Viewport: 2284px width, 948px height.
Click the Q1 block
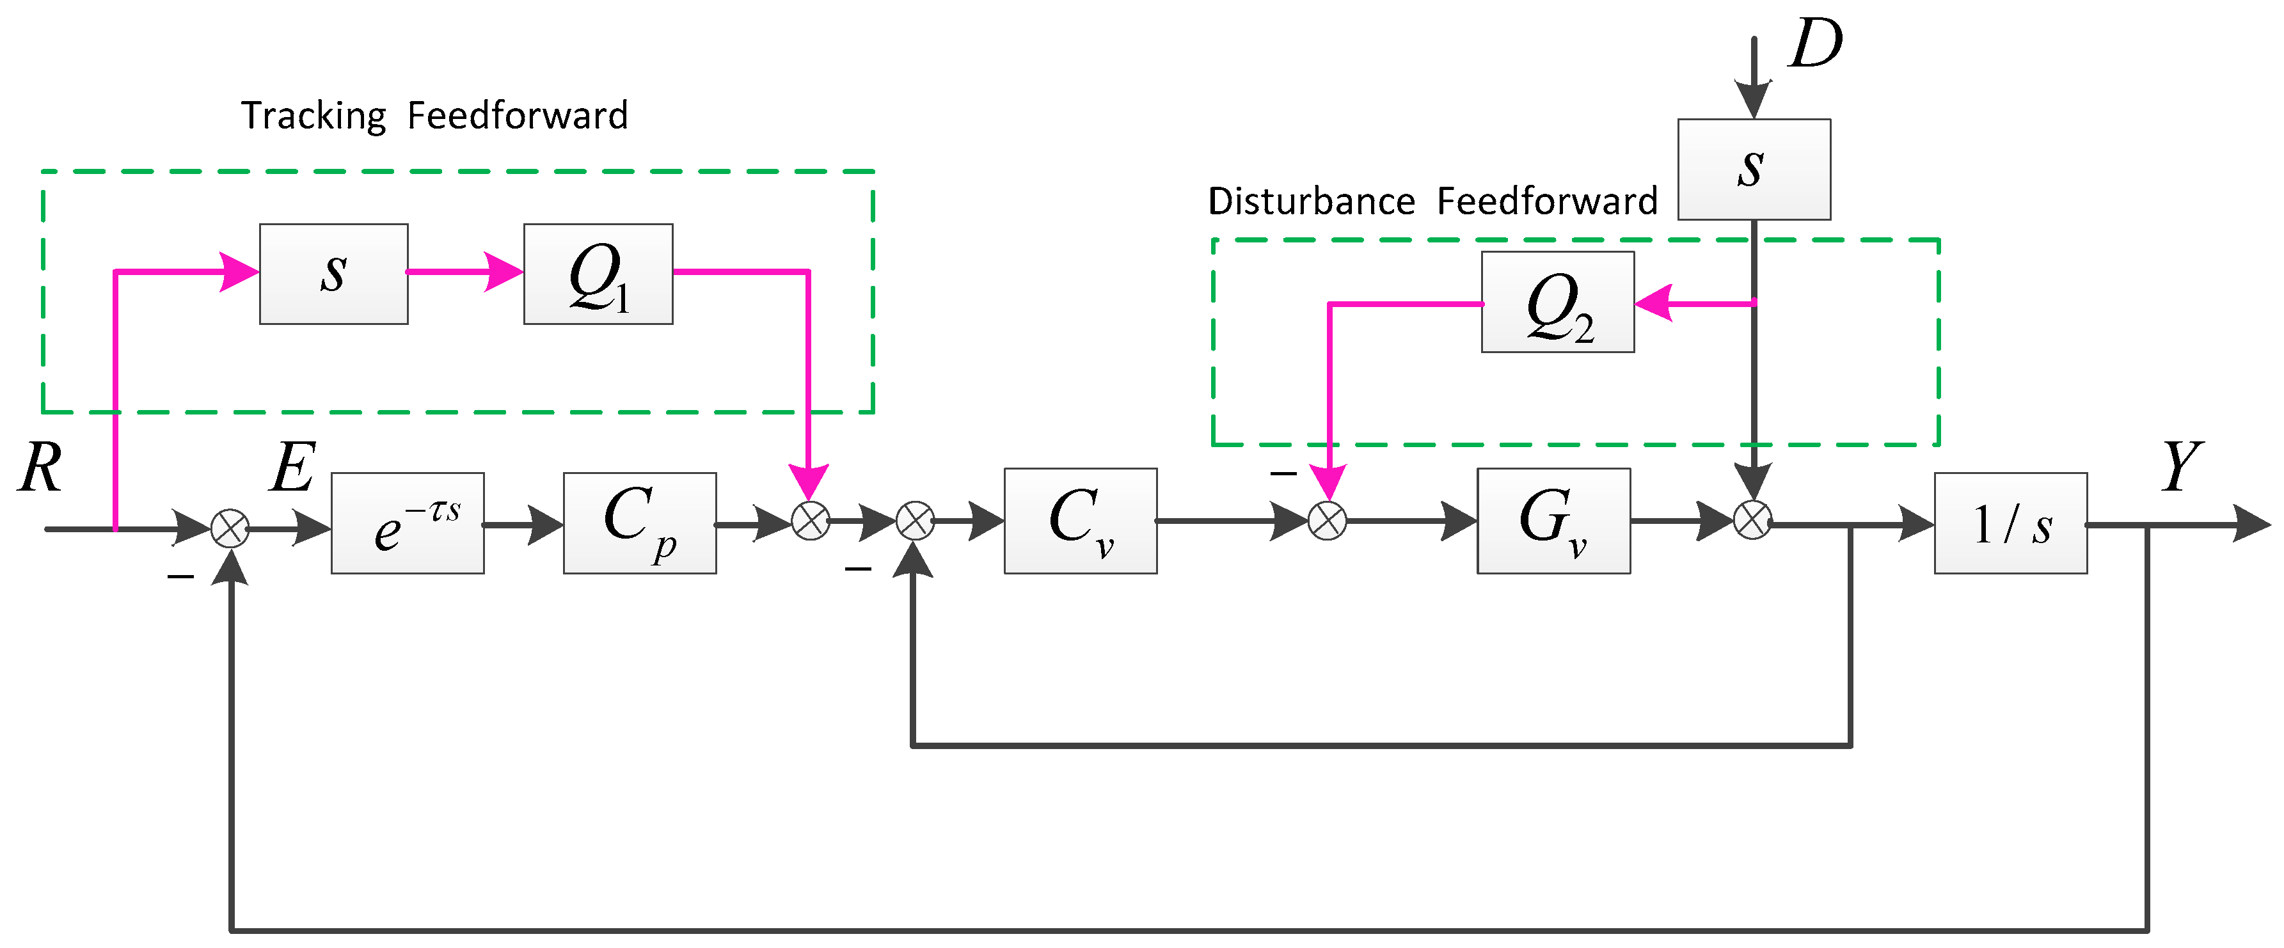coord(598,274)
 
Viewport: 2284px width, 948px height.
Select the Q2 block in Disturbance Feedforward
coord(1557,303)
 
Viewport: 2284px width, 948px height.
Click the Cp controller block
coord(639,523)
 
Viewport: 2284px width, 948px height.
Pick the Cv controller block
coord(1080,521)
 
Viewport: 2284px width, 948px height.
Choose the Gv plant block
coord(1553,521)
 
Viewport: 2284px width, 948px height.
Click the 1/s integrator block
coord(2010,523)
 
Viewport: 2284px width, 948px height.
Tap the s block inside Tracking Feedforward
coord(333,274)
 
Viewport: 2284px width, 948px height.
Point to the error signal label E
coord(292,468)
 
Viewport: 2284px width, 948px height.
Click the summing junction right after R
coord(230,530)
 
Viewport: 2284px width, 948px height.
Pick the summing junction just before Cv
coord(915,521)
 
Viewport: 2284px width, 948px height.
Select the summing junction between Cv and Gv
coord(1328,521)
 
